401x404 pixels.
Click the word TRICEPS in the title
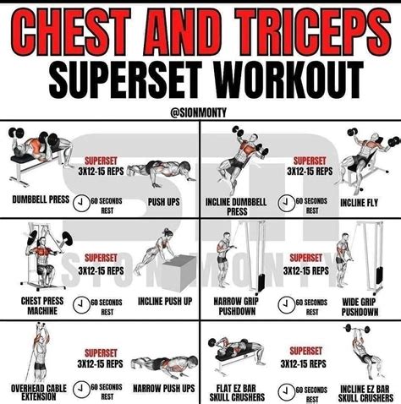[314, 32]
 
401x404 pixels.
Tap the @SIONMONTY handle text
[198, 112]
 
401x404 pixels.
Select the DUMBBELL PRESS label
[41, 199]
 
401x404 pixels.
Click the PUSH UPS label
[164, 202]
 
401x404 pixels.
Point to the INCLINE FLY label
[359, 203]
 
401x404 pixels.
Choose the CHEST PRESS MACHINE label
[42, 306]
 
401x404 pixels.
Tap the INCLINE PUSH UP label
[165, 302]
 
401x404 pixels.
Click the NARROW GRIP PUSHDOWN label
[236, 307]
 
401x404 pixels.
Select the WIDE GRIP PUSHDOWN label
[360, 307]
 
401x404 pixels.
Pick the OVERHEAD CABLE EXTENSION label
[39, 392]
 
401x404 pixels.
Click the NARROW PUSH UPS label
[164, 389]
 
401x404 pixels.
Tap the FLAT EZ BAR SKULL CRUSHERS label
[237, 393]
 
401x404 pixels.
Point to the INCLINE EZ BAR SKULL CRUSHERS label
[365, 394]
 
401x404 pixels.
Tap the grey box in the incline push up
[179, 272]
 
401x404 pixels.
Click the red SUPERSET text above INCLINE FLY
[310, 161]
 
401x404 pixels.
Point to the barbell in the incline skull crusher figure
[357, 329]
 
